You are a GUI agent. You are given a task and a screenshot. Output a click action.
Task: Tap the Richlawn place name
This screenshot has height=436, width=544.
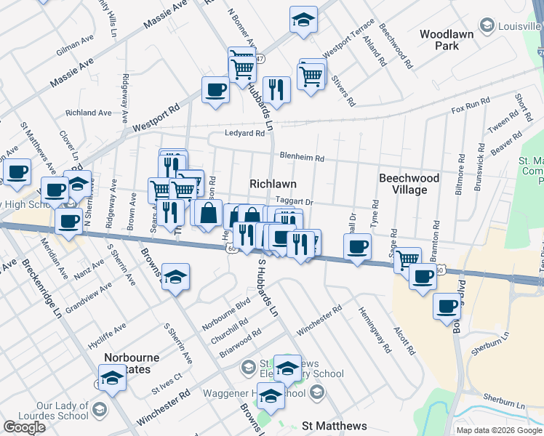coord(273,185)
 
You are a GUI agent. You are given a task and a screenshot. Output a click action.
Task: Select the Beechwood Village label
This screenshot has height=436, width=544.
coord(409,184)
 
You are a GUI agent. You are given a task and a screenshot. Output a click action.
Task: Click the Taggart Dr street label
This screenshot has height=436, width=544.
coord(294,203)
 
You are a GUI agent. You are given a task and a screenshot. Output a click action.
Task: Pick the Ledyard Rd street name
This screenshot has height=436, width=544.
coord(244,134)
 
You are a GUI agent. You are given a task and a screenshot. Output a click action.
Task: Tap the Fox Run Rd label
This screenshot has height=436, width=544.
coord(466,108)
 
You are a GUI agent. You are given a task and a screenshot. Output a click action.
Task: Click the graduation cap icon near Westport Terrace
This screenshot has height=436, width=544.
coord(303,19)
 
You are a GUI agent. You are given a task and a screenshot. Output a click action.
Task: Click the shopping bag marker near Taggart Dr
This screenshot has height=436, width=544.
coord(208,212)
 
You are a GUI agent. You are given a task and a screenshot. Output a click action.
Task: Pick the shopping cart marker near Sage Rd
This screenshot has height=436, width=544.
coord(407,258)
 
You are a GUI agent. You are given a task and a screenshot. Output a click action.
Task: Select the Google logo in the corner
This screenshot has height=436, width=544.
coord(24,427)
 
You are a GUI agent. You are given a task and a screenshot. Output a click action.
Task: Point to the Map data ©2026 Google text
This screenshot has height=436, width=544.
coord(498,430)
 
